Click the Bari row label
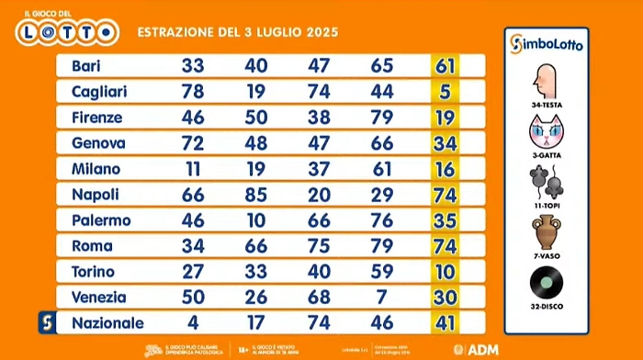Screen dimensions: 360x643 pos(85,66)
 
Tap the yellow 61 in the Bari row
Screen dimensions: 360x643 pos(446,66)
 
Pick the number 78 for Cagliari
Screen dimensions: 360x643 pos(193,92)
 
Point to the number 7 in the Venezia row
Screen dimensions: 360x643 pos(381,298)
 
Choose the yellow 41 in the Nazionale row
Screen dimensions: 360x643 pos(446,323)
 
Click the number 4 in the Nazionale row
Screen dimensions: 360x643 pos(193,323)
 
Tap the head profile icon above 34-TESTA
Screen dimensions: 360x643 pos(548,84)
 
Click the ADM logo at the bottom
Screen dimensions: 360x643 pos(478,350)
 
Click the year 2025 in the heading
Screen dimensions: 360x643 pos(318,32)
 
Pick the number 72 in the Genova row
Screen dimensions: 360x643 pos(193,143)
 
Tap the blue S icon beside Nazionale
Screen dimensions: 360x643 pos(45,323)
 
